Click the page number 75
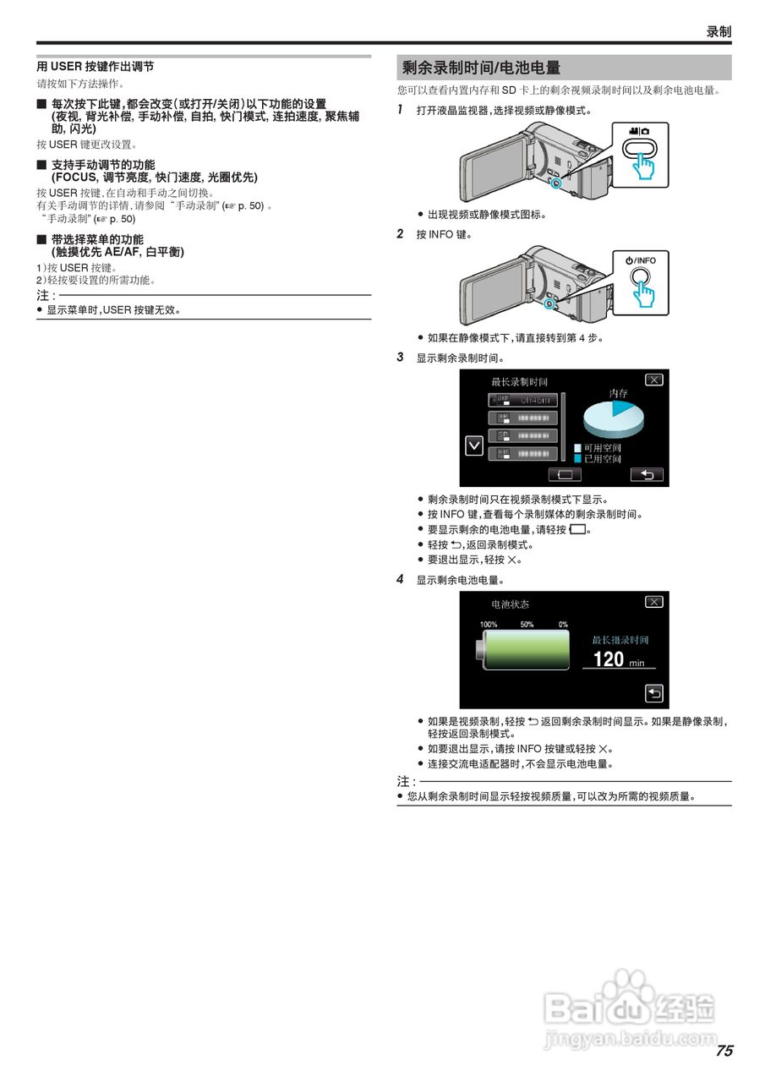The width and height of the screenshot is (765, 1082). point(724,1051)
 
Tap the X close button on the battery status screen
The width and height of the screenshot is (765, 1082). point(653,601)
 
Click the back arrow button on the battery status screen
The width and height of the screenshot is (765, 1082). point(654,693)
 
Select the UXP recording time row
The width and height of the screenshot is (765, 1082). point(523,400)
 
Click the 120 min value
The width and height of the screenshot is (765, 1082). point(618,659)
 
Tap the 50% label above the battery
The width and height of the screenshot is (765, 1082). point(527,624)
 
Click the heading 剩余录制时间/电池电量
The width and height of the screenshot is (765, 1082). point(482,68)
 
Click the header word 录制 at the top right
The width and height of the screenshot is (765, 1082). point(719,31)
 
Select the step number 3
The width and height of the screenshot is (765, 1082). point(401,358)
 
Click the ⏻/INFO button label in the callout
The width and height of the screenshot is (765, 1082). point(640,260)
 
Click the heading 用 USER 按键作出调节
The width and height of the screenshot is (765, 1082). point(95,66)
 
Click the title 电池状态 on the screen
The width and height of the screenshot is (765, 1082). point(511,604)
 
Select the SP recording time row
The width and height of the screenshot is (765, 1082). point(523,435)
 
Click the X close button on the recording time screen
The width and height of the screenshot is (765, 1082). point(653,380)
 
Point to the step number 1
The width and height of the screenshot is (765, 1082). point(401,110)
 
